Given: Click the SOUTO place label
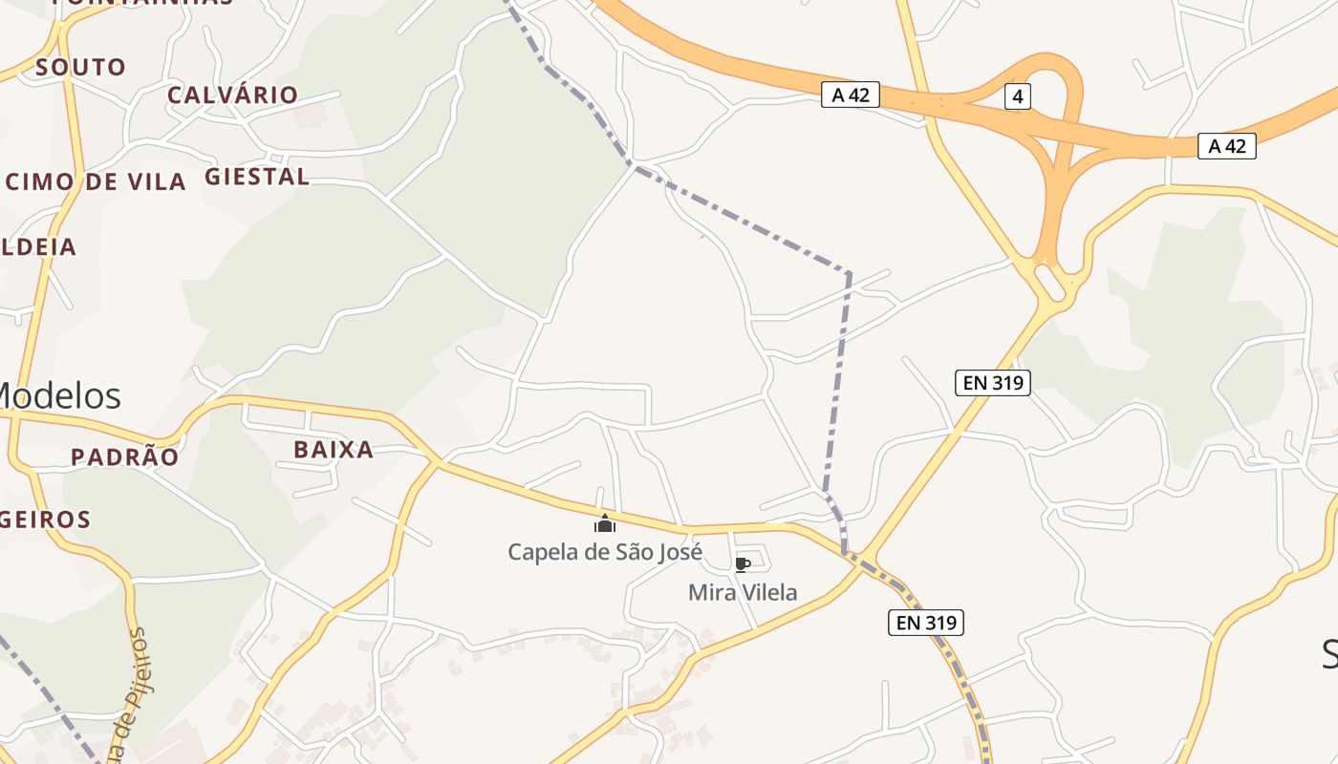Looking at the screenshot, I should [x=80, y=68].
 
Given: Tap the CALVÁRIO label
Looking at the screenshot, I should [x=232, y=95].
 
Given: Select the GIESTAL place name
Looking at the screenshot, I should [x=257, y=177].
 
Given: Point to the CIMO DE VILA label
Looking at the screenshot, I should [x=96, y=182].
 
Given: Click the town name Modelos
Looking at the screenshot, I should [x=59, y=395].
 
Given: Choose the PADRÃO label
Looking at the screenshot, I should [x=124, y=457].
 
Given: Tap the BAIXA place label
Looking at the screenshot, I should [x=334, y=450].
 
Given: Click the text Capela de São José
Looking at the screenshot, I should [x=604, y=552].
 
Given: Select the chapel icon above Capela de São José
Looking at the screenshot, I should [x=604, y=523].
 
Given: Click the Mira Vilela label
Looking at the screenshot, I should [x=743, y=593].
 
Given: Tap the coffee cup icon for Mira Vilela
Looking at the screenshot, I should [x=742, y=564].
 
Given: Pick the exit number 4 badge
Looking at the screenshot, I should [x=1018, y=96].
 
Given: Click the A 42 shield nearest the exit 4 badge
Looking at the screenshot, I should [x=850, y=95].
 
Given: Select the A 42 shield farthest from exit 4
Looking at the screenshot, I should [x=1226, y=146].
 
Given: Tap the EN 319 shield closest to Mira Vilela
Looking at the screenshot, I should [x=925, y=623].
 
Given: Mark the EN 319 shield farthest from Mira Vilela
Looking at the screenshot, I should [x=992, y=383].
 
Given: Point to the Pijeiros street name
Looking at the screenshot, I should [x=132, y=697].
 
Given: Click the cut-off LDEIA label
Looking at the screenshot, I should [x=38, y=246].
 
